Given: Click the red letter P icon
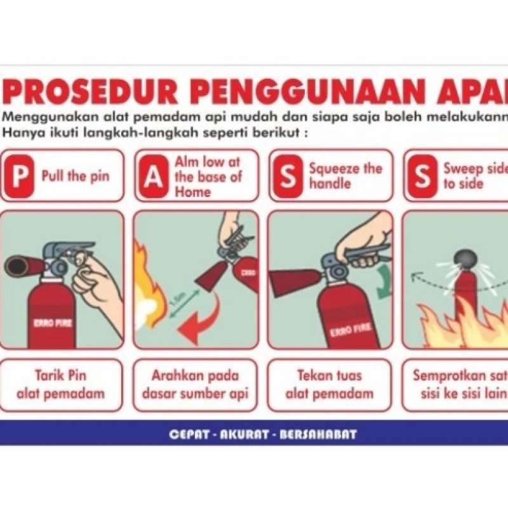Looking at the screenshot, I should [x=20, y=176].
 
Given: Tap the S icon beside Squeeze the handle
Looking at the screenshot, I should [x=288, y=176].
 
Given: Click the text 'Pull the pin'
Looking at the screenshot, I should [x=75, y=176].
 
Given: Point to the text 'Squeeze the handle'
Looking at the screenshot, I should [x=345, y=176].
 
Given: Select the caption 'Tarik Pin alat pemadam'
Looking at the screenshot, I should [x=61, y=384].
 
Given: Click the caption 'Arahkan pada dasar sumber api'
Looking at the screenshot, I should [x=196, y=384].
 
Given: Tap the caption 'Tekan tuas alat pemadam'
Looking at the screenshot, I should [x=329, y=384].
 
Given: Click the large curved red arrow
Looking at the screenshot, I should [x=202, y=321].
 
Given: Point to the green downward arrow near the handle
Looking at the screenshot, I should [x=382, y=283].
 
